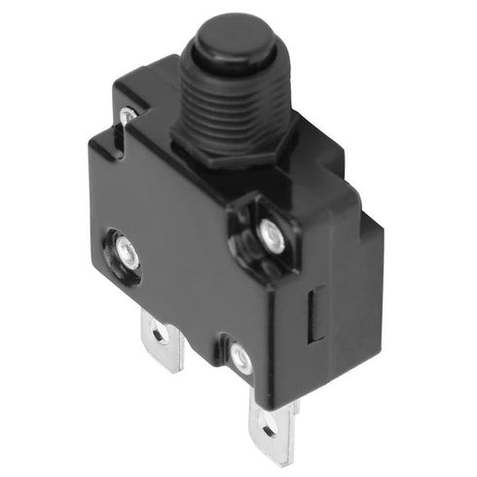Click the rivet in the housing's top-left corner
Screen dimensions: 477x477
127,116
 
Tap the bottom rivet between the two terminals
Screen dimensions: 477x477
239,359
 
